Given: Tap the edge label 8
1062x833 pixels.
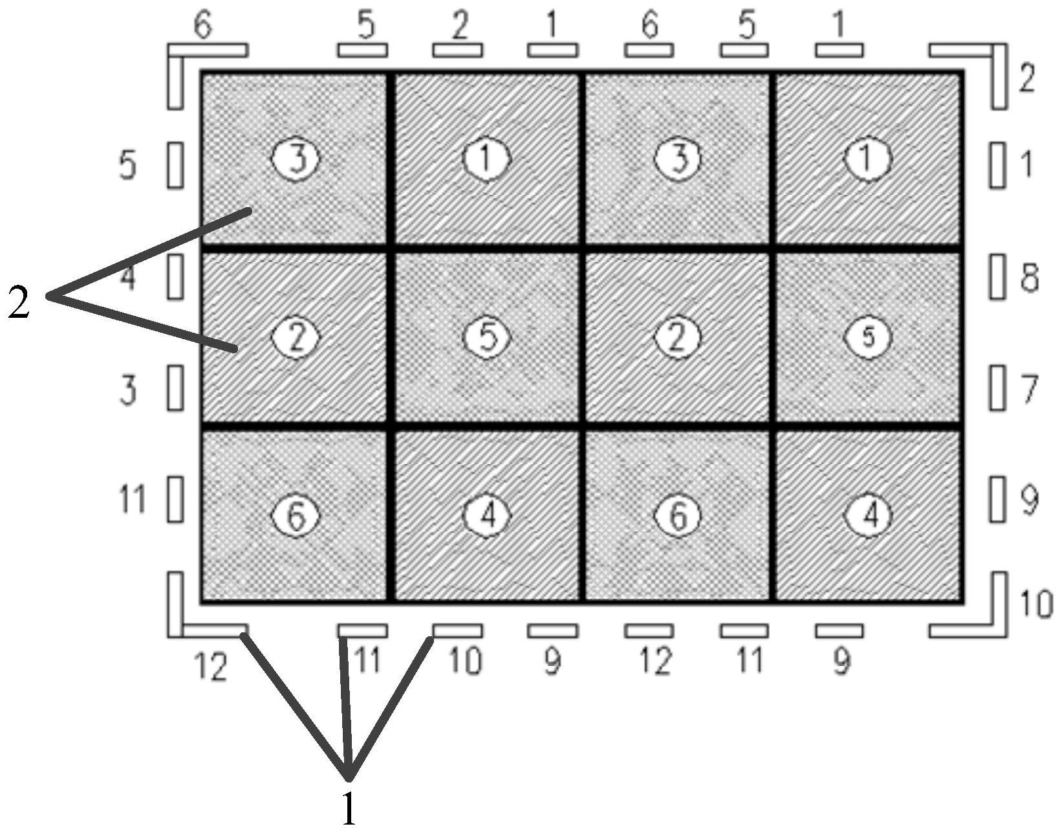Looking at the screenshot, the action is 1028,278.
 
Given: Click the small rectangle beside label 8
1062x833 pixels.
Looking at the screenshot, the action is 997,276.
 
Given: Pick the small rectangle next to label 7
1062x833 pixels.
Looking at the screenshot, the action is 997,388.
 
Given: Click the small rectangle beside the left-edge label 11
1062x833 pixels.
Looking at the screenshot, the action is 175,499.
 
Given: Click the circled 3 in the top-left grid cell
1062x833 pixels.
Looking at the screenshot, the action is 297,159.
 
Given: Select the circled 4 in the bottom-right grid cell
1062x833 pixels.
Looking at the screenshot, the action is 869,515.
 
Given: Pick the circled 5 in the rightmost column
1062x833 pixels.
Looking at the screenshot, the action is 868,337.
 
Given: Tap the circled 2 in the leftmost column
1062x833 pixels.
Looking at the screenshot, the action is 296,337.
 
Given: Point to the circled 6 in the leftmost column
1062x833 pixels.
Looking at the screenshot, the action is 296,515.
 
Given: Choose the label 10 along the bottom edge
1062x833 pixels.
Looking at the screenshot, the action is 465,661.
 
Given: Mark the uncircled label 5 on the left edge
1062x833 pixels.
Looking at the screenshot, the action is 128,166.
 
